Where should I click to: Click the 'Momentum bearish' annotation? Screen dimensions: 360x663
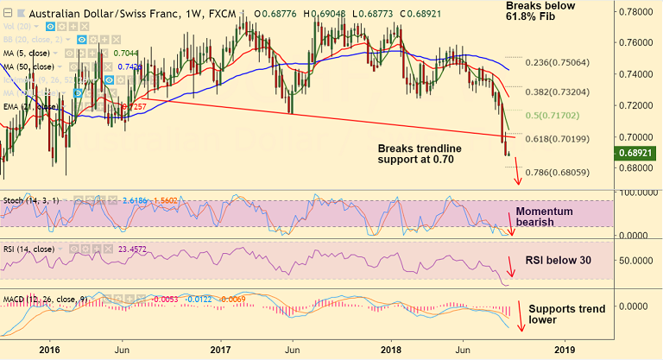tap(546, 218)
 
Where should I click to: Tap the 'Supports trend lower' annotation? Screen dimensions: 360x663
tap(565, 313)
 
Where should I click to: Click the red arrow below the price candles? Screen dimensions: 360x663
tap(518, 174)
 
